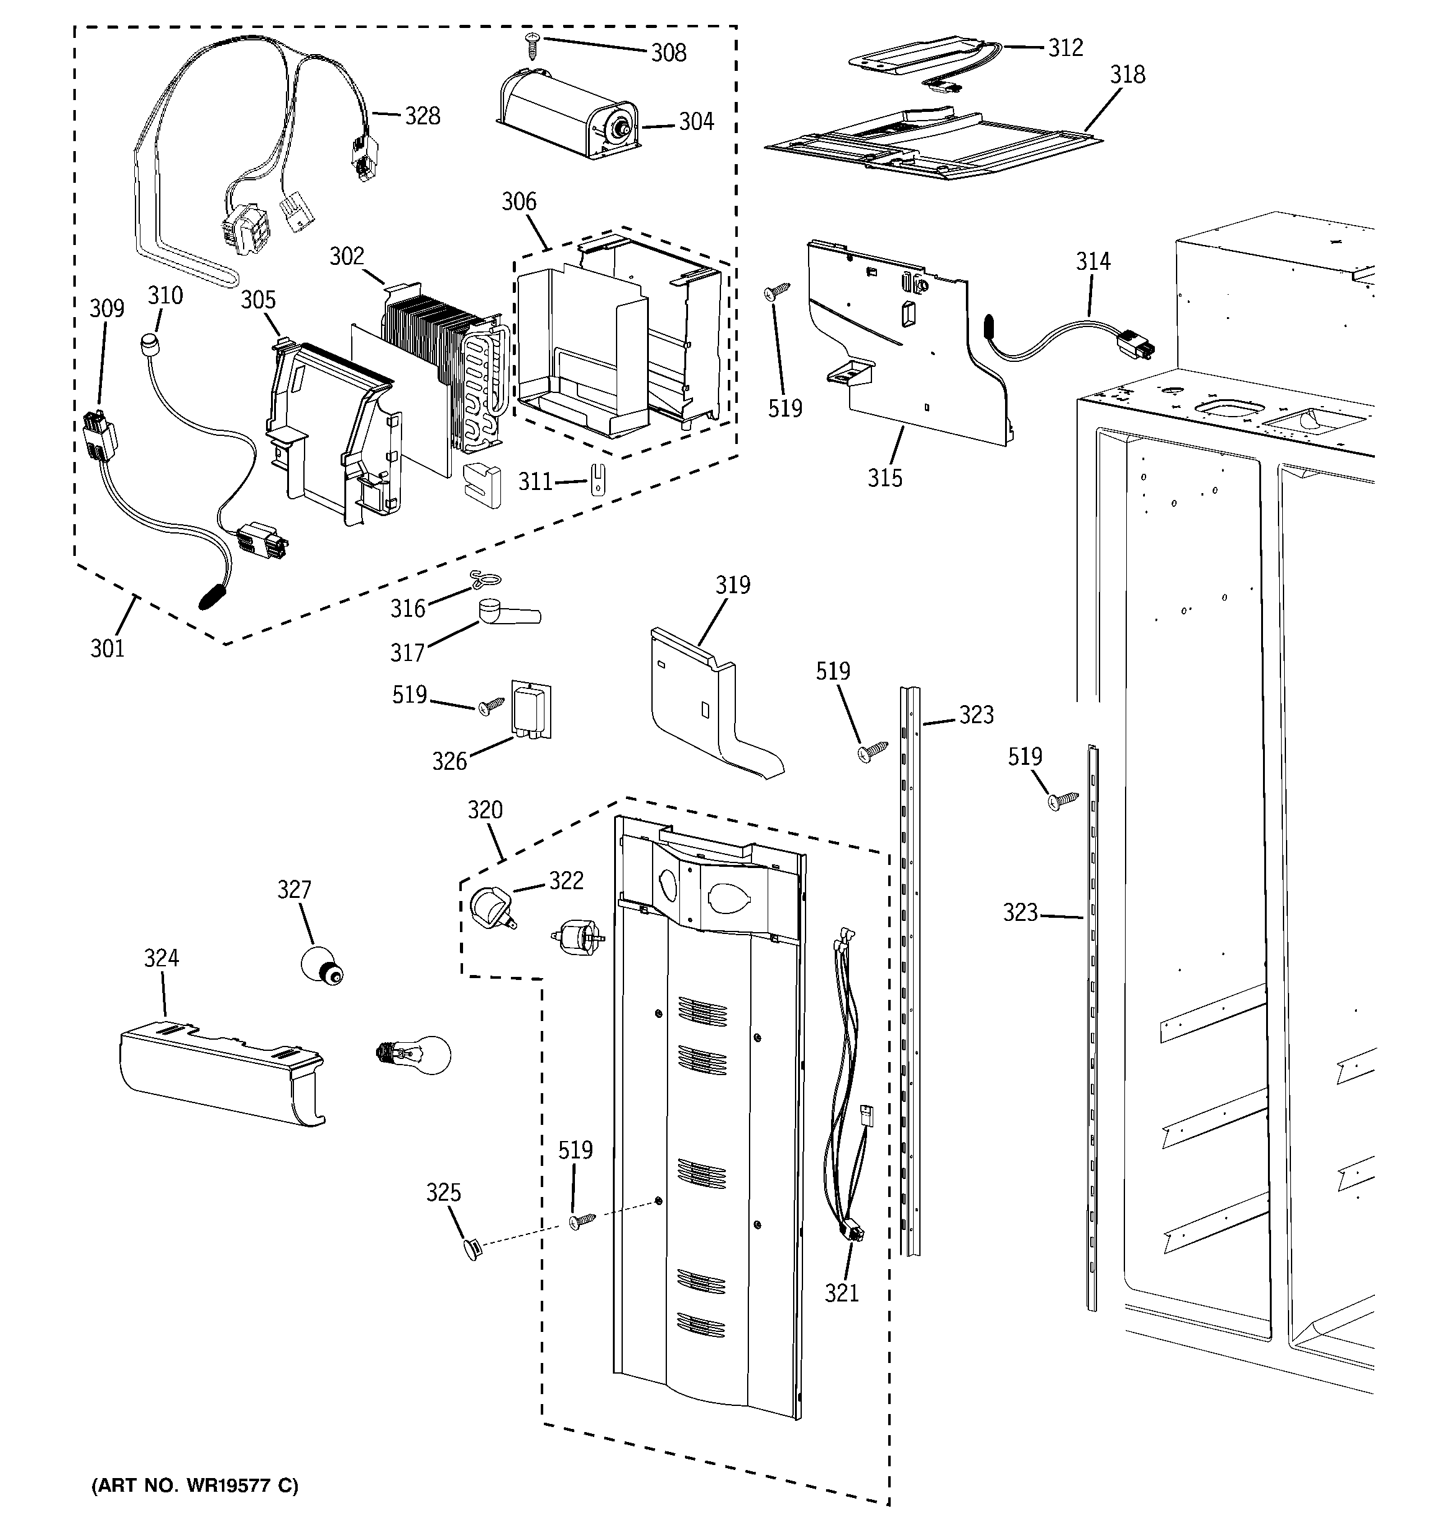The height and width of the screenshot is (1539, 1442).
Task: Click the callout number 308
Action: pos(668,53)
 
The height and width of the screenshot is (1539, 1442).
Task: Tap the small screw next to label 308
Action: pos(533,45)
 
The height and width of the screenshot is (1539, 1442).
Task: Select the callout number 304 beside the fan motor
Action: pos(696,121)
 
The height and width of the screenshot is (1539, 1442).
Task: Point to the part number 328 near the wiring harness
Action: pos(423,116)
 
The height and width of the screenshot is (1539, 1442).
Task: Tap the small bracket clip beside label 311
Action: pos(597,478)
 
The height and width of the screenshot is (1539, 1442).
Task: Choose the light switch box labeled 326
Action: pos(530,710)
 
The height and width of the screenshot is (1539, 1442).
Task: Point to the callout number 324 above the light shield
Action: pos(161,958)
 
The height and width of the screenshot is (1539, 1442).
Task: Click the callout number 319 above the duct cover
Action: pos(732,585)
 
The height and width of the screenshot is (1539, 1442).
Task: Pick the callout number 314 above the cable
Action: pos(1093,262)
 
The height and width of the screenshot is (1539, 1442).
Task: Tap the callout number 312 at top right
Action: pos(1065,48)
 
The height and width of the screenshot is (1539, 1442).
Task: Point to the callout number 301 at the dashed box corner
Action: pos(107,648)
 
